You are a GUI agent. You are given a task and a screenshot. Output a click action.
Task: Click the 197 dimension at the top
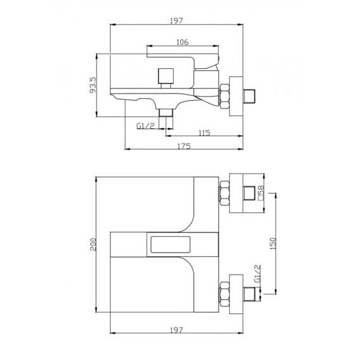(176, 21)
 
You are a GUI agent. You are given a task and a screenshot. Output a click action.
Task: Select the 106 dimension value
(182, 42)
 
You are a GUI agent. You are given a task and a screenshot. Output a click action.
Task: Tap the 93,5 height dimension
(93, 83)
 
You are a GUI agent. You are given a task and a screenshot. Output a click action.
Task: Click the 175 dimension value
(183, 146)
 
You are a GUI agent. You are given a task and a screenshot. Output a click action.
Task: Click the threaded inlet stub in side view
(251, 97)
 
